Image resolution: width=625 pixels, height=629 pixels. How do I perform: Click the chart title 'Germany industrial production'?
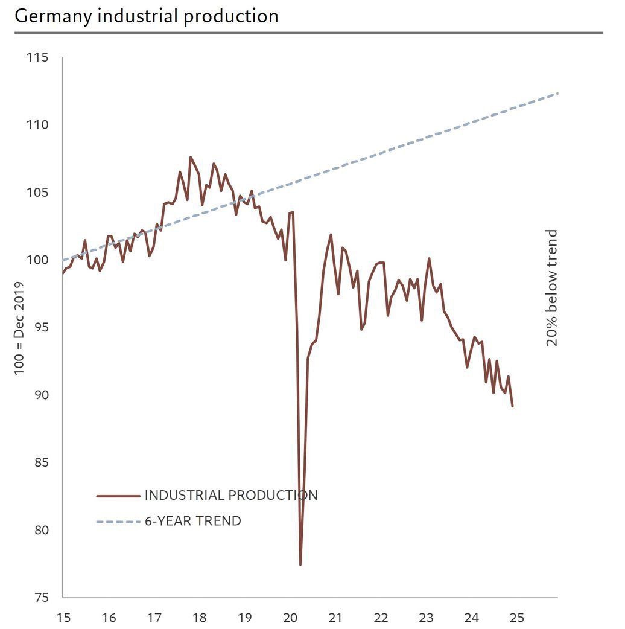point(147,16)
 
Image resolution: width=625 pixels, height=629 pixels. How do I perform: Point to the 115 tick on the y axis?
point(37,58)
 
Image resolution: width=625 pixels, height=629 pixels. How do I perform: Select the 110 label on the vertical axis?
point(37,126)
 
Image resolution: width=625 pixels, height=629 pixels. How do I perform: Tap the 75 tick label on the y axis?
point(40,598)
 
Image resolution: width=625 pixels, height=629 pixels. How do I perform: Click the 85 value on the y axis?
point(40,463)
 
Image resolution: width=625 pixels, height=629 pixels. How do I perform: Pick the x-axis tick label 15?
point(63,618)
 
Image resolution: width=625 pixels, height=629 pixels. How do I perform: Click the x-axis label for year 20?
point(290,618)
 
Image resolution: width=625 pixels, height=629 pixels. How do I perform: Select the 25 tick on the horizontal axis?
point(517,618)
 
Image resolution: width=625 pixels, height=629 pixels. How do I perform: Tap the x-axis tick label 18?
point(200,618)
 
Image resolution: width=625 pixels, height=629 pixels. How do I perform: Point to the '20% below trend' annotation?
point(552,288)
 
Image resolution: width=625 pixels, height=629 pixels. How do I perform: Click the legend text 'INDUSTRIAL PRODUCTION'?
point(231,496)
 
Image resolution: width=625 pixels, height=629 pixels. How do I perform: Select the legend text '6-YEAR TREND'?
point(193,521)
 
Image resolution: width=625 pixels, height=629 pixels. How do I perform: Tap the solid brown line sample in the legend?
point(118,496)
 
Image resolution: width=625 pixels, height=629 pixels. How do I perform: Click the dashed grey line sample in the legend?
point(118,521)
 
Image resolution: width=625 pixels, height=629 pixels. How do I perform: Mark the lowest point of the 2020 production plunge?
point(300,564)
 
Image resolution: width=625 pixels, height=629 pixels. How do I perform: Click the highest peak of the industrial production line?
point(191,157)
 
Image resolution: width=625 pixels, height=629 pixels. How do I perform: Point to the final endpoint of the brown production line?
point(513,406)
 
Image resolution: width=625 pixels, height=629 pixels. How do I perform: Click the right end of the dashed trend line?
point(557,93)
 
